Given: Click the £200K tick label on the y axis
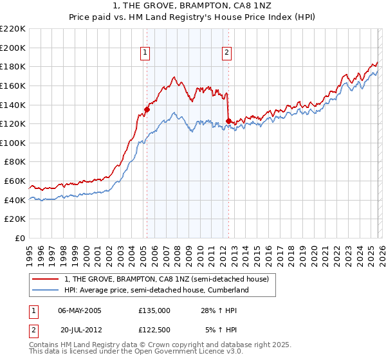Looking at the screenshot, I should click(13, 48).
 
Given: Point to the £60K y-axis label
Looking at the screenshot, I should click(15, 181).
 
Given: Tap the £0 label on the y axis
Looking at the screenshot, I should click(21, 239).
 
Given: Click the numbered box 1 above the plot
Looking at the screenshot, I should click(146, 53).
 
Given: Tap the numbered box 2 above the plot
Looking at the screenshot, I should click(228, 53).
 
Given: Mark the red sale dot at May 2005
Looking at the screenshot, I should click(147, 109).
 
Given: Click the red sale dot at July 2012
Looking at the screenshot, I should click(228, 121).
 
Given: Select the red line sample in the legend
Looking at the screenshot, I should click(46, 279).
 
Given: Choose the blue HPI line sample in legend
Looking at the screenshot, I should click(46, 290).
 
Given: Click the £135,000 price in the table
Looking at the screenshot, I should click(154, 310).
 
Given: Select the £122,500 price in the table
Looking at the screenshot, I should click(154, 331).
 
